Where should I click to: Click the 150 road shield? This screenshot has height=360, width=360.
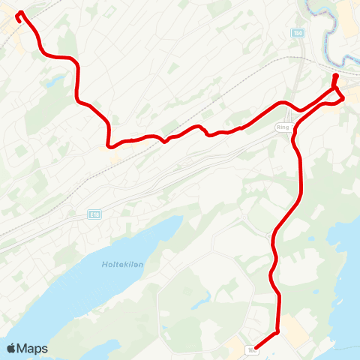(x=298, y=34)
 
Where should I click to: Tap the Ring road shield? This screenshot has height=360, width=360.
(x=283, y=127)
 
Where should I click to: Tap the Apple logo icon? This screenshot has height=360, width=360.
(x=11, y=348)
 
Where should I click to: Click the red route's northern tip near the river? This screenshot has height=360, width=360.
(x=335, y=76)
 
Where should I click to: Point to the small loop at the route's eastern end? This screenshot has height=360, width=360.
(x=339, y=95)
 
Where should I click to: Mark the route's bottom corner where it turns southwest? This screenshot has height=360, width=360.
(x=277, y=331)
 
